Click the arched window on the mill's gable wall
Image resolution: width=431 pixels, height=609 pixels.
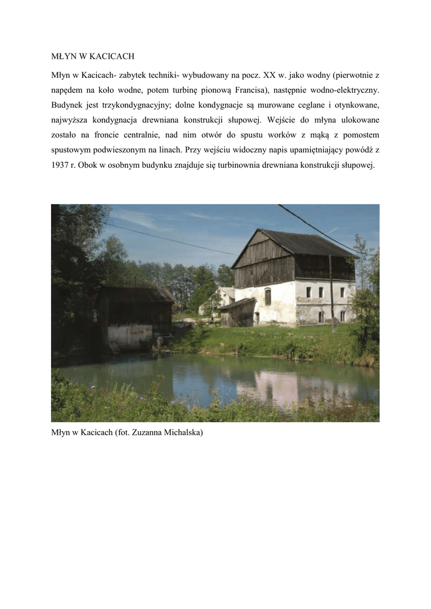tap(268, 296)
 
